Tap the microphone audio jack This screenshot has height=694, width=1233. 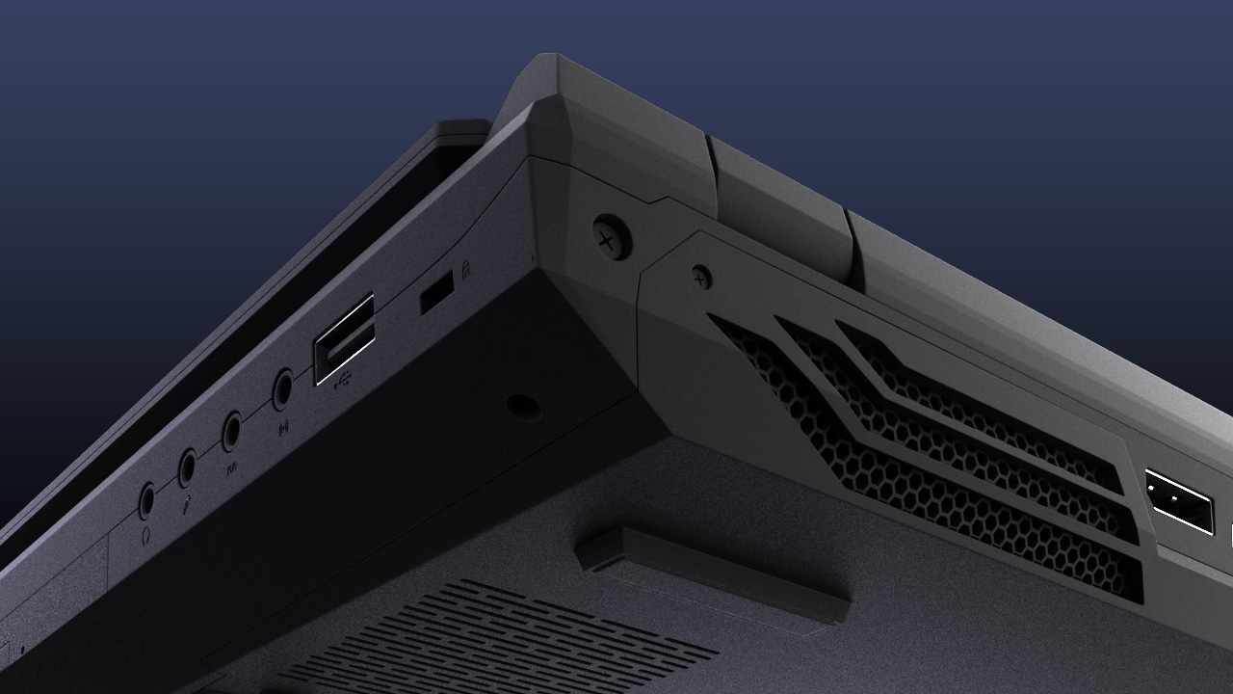coord(188,467)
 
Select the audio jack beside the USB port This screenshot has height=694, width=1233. coord(282,390)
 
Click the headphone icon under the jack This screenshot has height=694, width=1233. coord(145,532)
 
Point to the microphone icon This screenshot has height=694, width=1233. coord(186,500)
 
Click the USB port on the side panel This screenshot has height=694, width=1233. coord(344,339)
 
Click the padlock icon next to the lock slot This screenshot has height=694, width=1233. coord(465,269)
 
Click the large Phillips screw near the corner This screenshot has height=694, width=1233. coord(611,237)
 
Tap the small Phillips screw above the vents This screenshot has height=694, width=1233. coord(702,278)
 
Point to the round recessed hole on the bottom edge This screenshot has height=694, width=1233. coord(522,407)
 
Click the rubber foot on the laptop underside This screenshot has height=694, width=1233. coord(713,573)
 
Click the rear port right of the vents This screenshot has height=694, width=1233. coord(1178,501)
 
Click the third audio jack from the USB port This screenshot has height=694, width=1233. coord(188,467)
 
